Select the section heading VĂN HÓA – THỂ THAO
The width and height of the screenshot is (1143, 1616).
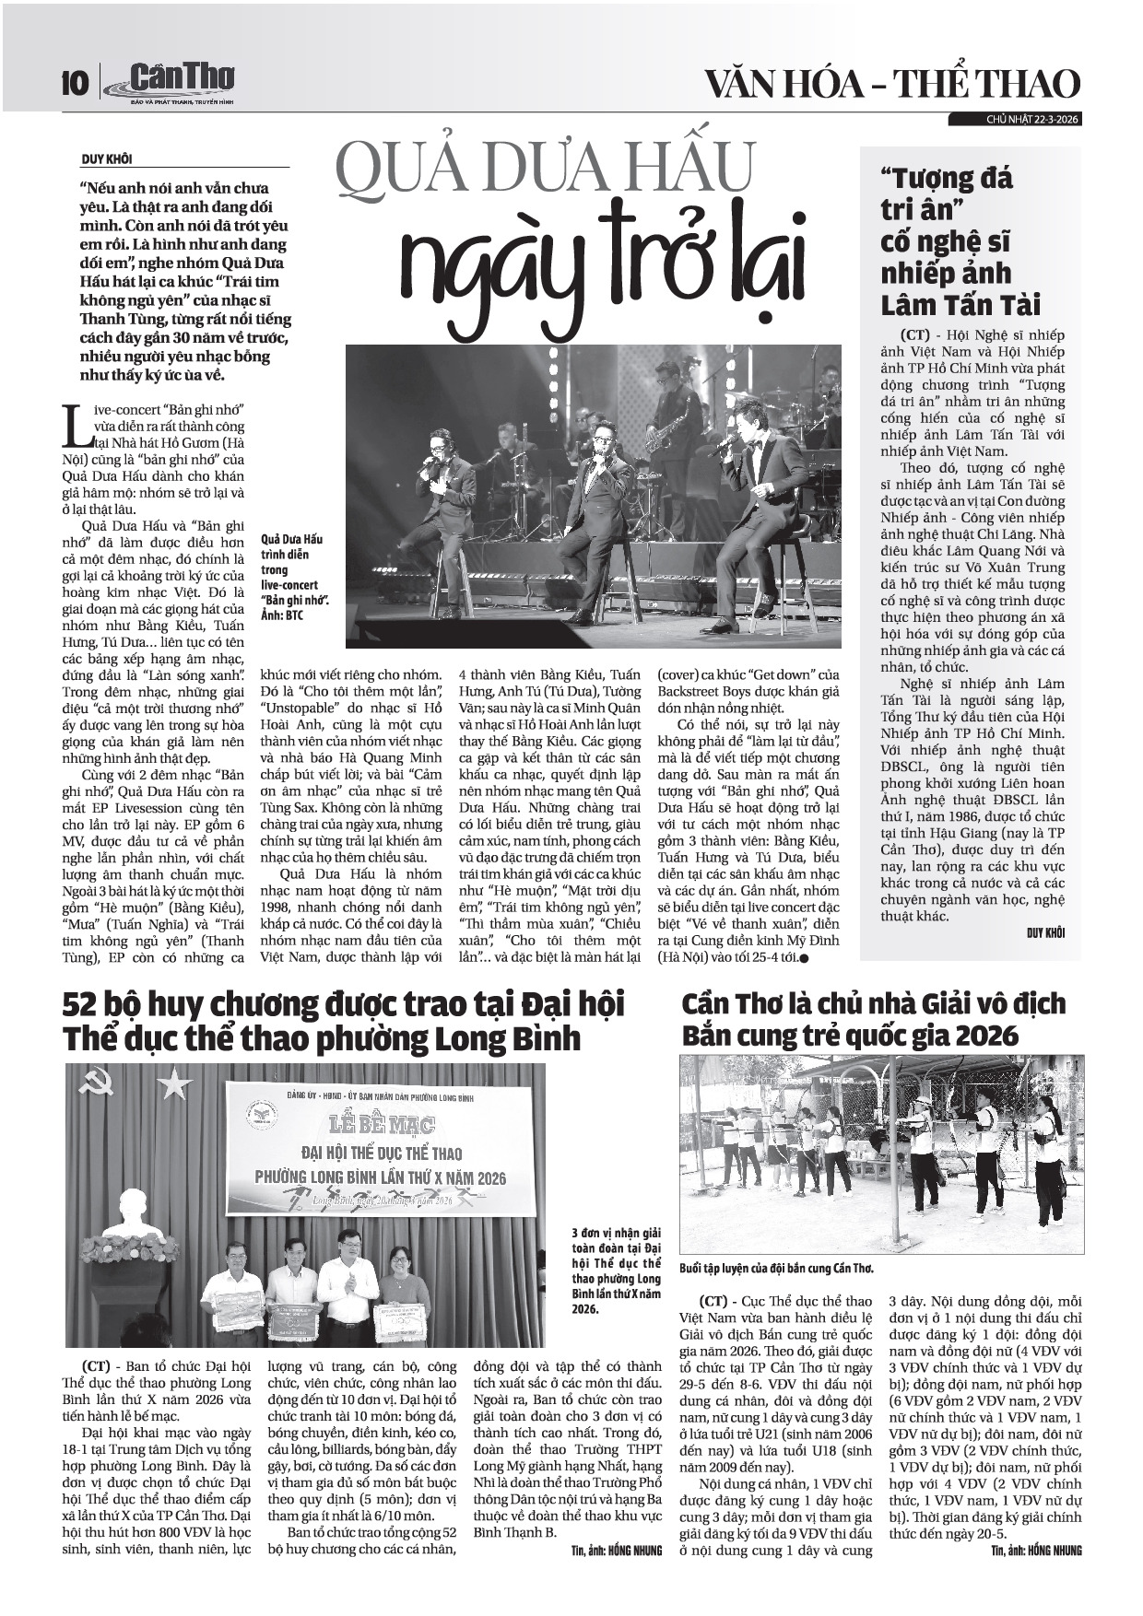tap(891, 84)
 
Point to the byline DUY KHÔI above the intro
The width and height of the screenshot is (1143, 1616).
tap(106, 159)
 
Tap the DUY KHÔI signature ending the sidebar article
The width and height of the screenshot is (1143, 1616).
tap(1045, 933)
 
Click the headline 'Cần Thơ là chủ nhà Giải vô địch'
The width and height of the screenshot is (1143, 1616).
tap(873, 1019)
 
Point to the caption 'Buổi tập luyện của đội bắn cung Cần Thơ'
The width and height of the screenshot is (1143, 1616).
tap(775, 1267)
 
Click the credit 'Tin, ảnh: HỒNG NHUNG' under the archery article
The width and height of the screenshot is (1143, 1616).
tap(1037, 1550)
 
